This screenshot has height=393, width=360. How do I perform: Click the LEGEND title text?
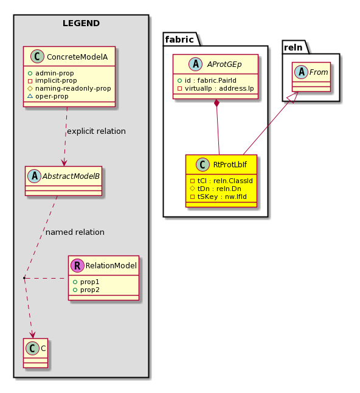point(81,23)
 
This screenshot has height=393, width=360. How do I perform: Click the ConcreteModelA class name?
point(77,57)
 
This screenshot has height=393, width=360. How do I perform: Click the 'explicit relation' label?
point(97,131)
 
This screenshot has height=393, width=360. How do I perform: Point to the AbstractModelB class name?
point(71,176)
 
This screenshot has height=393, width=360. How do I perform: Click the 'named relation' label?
point(75,232)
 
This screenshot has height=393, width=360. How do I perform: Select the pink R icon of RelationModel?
point(77,266)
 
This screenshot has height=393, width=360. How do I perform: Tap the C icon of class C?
point(33,349)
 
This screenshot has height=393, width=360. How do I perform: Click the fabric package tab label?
point(179,40)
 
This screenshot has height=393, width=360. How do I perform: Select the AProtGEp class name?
point(224,64)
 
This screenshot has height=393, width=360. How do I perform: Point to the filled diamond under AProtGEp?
point(217,103)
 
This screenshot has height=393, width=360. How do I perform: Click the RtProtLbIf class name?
point(230,165)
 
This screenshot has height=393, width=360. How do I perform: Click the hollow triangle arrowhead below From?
point(294,97)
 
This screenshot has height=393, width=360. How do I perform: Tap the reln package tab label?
point(293,47)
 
